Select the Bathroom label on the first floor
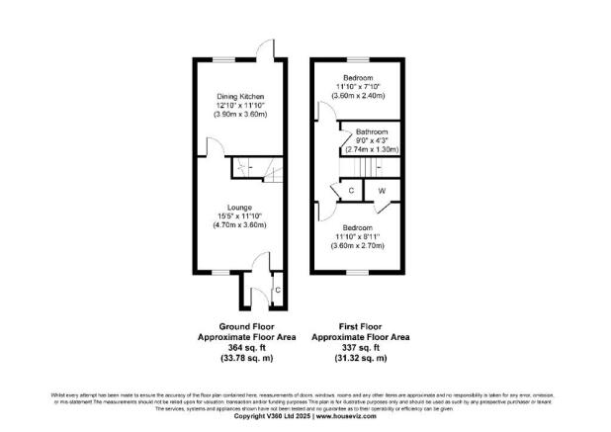(x=372, y=131)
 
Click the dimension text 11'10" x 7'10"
(x=358, y=86)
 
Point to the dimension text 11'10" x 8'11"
(x=357, y=238)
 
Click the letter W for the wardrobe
(x=381, y=190)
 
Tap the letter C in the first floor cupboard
(x=349, y=190)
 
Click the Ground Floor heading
(x=245, y=325)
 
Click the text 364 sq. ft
(x=245, y=347)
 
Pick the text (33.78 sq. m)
(x=245, y=358)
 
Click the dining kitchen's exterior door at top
(x=266, y=50)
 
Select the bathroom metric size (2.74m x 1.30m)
(x=372, y=149)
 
